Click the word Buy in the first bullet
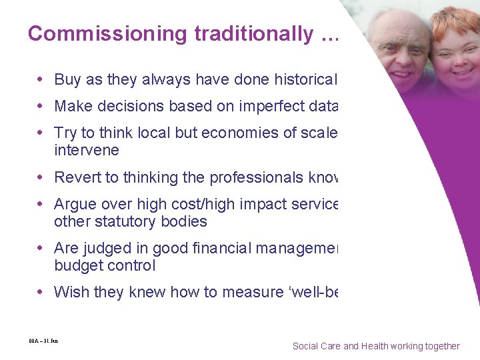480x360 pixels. (67, 80)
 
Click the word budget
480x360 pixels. (77, 265)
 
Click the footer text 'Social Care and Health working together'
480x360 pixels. (376, 346)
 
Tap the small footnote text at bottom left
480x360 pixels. (39, 341)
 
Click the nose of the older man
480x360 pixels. (400, 51)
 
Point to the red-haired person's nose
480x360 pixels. (460, 53)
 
